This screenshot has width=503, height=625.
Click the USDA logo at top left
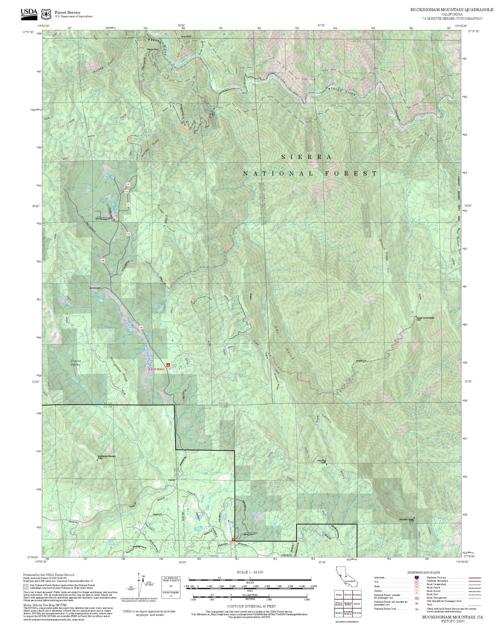(x=29, y=13)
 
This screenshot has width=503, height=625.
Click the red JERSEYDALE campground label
(x=156, y=369)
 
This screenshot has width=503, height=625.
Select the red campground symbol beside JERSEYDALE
(x=168, y=365)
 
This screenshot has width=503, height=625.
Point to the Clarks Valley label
(x=76, y=363)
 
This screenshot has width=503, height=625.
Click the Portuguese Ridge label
(x=119, y=369)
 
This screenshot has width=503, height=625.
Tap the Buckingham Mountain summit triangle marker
(x=97, y=460)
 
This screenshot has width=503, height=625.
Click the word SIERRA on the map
(x=306, y=157)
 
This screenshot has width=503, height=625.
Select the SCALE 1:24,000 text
(x=245, y=572)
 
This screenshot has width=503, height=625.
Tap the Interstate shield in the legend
(x=416, y=578)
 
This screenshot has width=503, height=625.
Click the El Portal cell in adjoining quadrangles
(x=348, y=594)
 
